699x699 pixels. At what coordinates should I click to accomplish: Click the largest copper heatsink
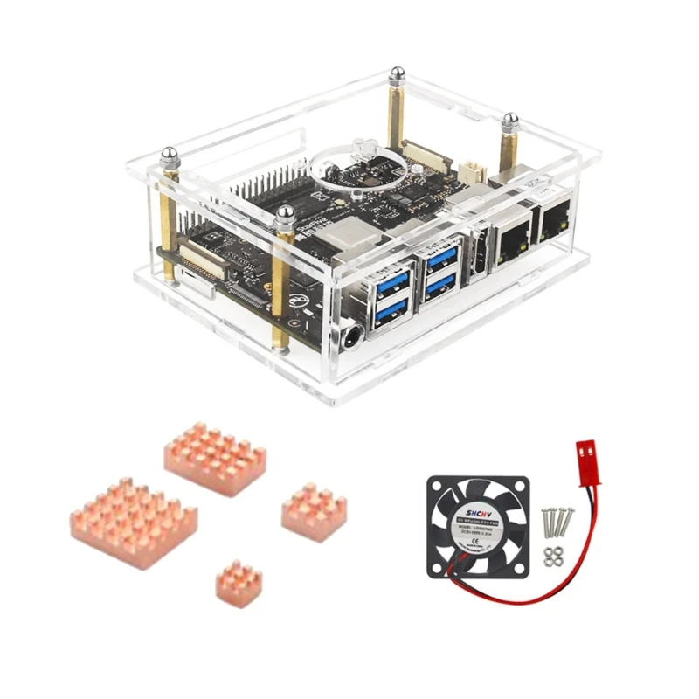[x=133, y=522]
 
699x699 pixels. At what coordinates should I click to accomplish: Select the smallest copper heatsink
[x=239, y=581]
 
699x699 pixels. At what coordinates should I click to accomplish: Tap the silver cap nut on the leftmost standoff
[x=170, y=156]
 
